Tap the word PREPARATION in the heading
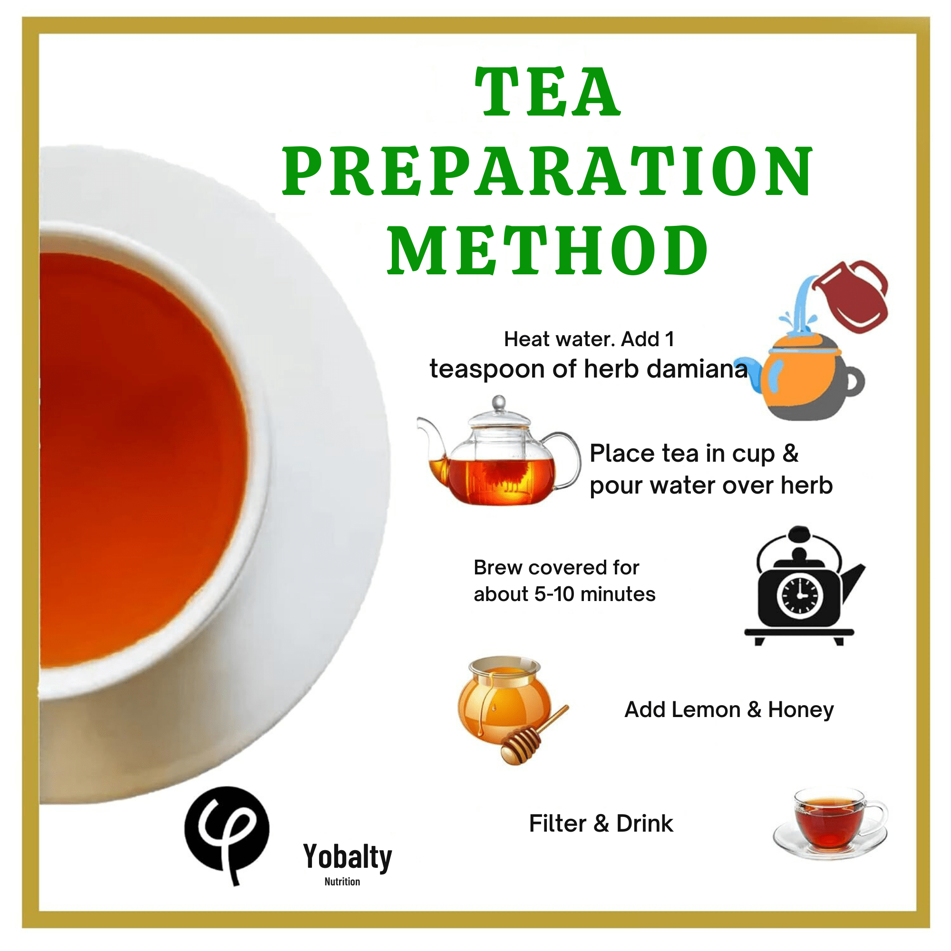547,170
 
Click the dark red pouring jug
854,296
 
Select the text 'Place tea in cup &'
694,454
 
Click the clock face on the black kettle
800,595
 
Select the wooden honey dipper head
520,746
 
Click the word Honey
801,710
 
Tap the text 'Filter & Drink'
601,824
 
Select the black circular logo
227,830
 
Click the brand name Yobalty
348,857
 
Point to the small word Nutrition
342,882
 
